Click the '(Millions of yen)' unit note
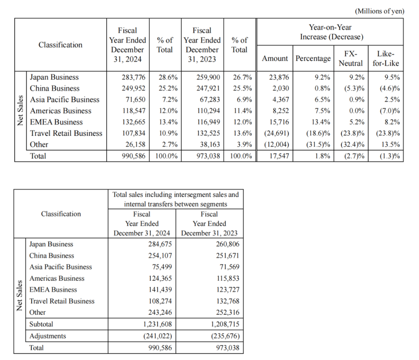[x=379, y=11]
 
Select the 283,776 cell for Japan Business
[x=133, y=77]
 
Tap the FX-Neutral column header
[x=351, y=59]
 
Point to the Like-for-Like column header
[x=385, y=59]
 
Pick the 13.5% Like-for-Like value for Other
[x=390, y=145]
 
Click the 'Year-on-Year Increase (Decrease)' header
[x=330, y=32]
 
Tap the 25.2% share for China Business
[x=168, y=88]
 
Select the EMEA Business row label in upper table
[x=56, y=122]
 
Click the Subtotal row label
[x=41, y=324]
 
